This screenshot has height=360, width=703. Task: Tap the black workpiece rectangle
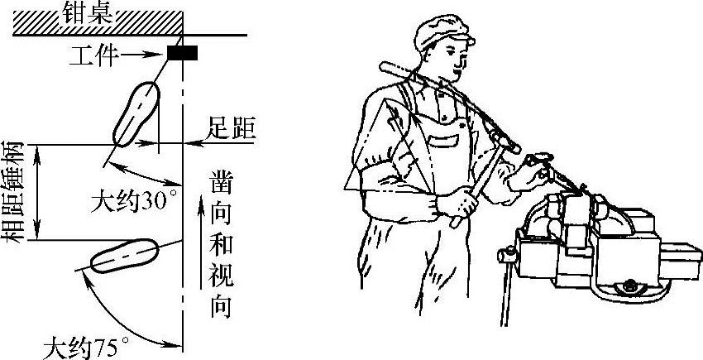click(x=182, y=53)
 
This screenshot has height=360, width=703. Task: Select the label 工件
click(x=94, y=56)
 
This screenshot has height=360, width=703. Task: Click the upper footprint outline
click(x=136, y=113)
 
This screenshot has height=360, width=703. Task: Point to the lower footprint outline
click(x=124, y=256)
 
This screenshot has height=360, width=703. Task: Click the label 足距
click(x=231, y=129)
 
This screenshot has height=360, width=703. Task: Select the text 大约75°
click(x=85, y=348)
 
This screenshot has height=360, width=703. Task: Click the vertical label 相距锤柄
click(x=12, y=192)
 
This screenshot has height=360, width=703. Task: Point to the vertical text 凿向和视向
click(x=221, y=244)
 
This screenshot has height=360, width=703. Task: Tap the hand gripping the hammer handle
click(x=457, y=202)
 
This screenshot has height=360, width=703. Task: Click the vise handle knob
click(x=506, y=256)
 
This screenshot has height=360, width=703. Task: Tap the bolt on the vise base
click(x=629, y=285)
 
